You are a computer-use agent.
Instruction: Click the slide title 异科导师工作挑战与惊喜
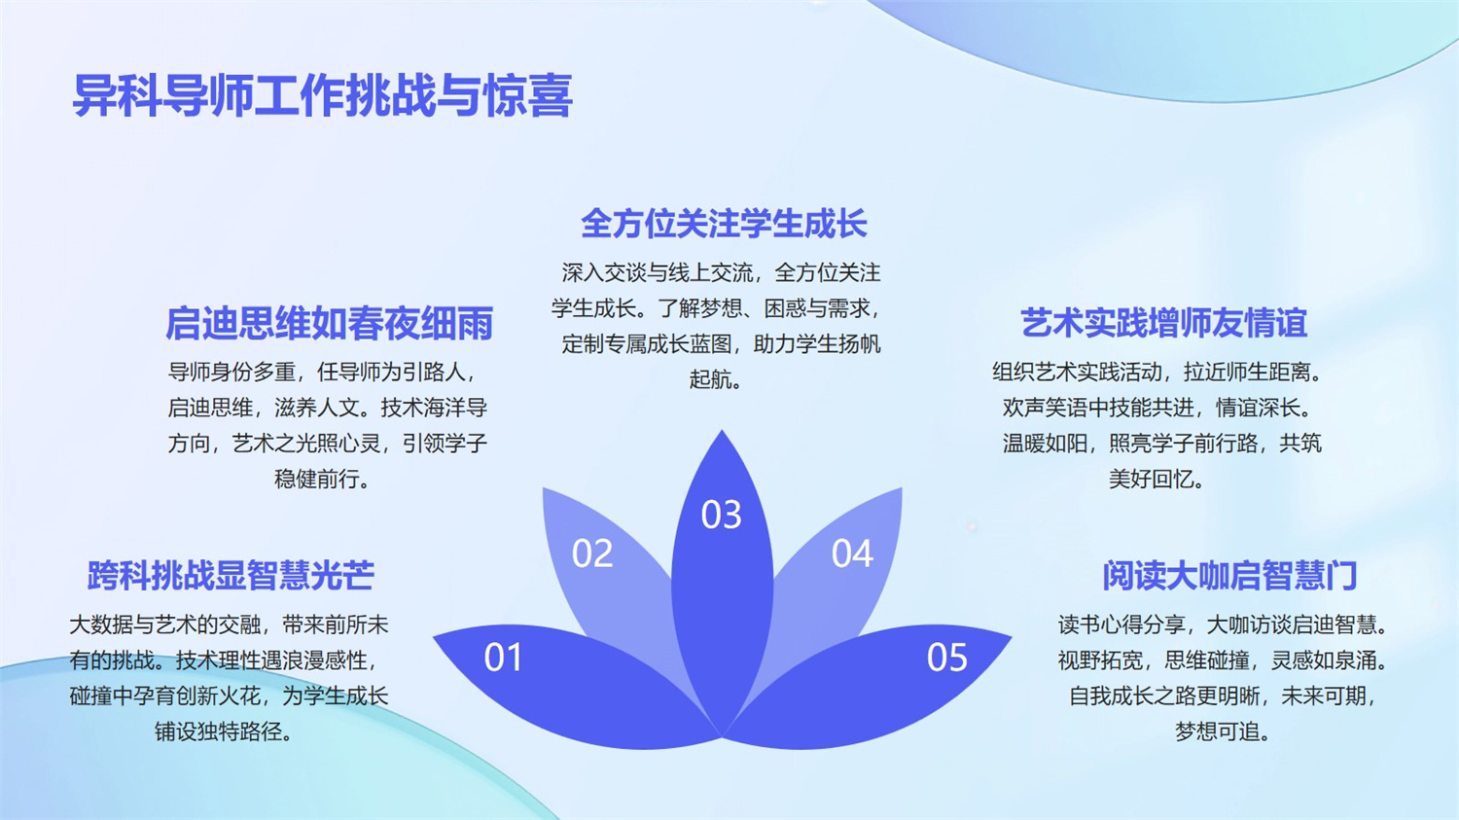coord(322,95)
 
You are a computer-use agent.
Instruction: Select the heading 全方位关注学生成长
coord(724,224)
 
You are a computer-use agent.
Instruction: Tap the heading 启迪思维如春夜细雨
coord(330,323)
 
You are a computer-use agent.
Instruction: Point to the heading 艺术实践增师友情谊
coord(1163,323)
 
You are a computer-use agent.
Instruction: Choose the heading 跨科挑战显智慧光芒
coord(231,575)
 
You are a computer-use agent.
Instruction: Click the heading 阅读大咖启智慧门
coord(1229,575)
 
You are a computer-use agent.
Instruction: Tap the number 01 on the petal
coord(503,658)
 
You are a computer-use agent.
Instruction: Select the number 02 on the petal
coord(592,553)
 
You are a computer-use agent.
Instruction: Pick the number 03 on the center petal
coord(721,515)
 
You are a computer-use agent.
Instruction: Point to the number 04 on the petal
coord(852,553)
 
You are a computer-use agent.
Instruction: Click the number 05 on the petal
coord(947,658)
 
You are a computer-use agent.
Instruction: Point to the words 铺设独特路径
coord(219,732)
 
